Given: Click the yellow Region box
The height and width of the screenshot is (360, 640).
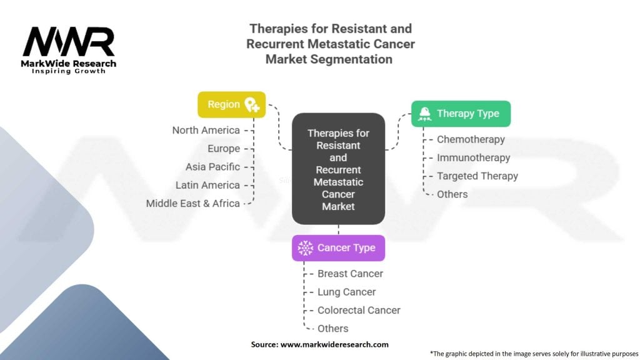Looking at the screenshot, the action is (231, 104).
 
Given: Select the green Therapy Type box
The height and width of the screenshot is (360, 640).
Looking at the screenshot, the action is (461, 114).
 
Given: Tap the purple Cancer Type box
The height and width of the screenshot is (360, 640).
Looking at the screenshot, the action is (338, 247).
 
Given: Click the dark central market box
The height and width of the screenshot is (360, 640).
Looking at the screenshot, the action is (338, 169).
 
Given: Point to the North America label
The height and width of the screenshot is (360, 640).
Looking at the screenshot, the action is (206, 130).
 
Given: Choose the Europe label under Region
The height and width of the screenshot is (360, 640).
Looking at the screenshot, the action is (224, 149).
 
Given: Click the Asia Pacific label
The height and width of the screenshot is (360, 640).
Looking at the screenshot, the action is (212, 166).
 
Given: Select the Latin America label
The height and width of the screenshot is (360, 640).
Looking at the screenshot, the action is (207, 185).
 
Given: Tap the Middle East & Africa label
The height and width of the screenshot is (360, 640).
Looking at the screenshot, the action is (192, 203).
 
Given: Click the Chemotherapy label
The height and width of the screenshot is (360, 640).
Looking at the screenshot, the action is (471, 139).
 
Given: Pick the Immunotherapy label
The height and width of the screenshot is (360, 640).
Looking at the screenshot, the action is (474, 157).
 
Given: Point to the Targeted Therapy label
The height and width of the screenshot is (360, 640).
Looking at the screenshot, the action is (477, 176).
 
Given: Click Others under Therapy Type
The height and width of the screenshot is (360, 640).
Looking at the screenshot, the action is (452, 194).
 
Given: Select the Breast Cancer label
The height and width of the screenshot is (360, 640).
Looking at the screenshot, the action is (350, 274).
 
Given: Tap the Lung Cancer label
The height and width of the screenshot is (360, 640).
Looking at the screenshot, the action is (346, 292).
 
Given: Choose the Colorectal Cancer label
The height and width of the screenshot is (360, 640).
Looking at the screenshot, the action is (359, 310).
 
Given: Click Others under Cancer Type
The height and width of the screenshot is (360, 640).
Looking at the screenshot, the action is (332, 329).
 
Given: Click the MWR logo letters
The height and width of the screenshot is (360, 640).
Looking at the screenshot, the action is (69, 42).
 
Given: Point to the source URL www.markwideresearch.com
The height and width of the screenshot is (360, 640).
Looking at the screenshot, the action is (334, 344).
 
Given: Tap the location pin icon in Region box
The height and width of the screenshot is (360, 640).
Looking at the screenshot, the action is (252, 104).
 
